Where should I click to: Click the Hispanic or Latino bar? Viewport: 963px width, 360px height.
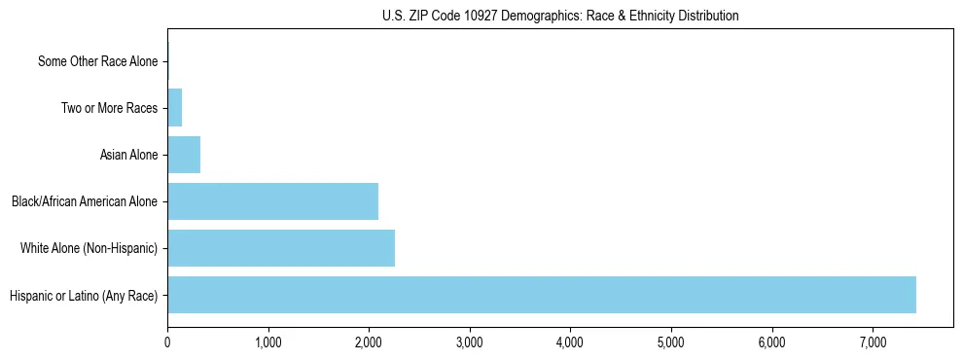point(541,295)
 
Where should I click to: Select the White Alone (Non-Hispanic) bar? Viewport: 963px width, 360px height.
point(281,248)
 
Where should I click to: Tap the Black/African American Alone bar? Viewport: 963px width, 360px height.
point(272,201)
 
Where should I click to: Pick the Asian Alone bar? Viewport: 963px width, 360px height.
point(184,155)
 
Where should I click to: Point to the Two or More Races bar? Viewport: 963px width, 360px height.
point(175,108)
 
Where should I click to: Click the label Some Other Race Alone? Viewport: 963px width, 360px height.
point(97,61)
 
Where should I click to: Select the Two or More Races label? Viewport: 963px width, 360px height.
point(109,108)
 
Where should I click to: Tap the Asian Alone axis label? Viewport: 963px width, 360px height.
point(128,155)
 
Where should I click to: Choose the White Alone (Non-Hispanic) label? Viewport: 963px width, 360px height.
point(89,248)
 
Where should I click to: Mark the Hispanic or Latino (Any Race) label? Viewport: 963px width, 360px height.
point(84,295)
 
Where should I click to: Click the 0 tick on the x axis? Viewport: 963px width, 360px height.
point(167,342)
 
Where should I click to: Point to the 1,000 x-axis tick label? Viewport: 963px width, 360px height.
point(267,342)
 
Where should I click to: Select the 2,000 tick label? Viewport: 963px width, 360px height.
point(369,342)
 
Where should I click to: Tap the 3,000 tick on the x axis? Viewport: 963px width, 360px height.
point(469,342)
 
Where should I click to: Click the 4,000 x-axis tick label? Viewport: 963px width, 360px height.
point(570,342)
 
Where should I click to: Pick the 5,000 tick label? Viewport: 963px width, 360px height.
point(671,342)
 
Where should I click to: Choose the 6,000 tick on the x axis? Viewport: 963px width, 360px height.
point(771,342)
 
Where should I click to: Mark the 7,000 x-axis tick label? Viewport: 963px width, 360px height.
point(873,342)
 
